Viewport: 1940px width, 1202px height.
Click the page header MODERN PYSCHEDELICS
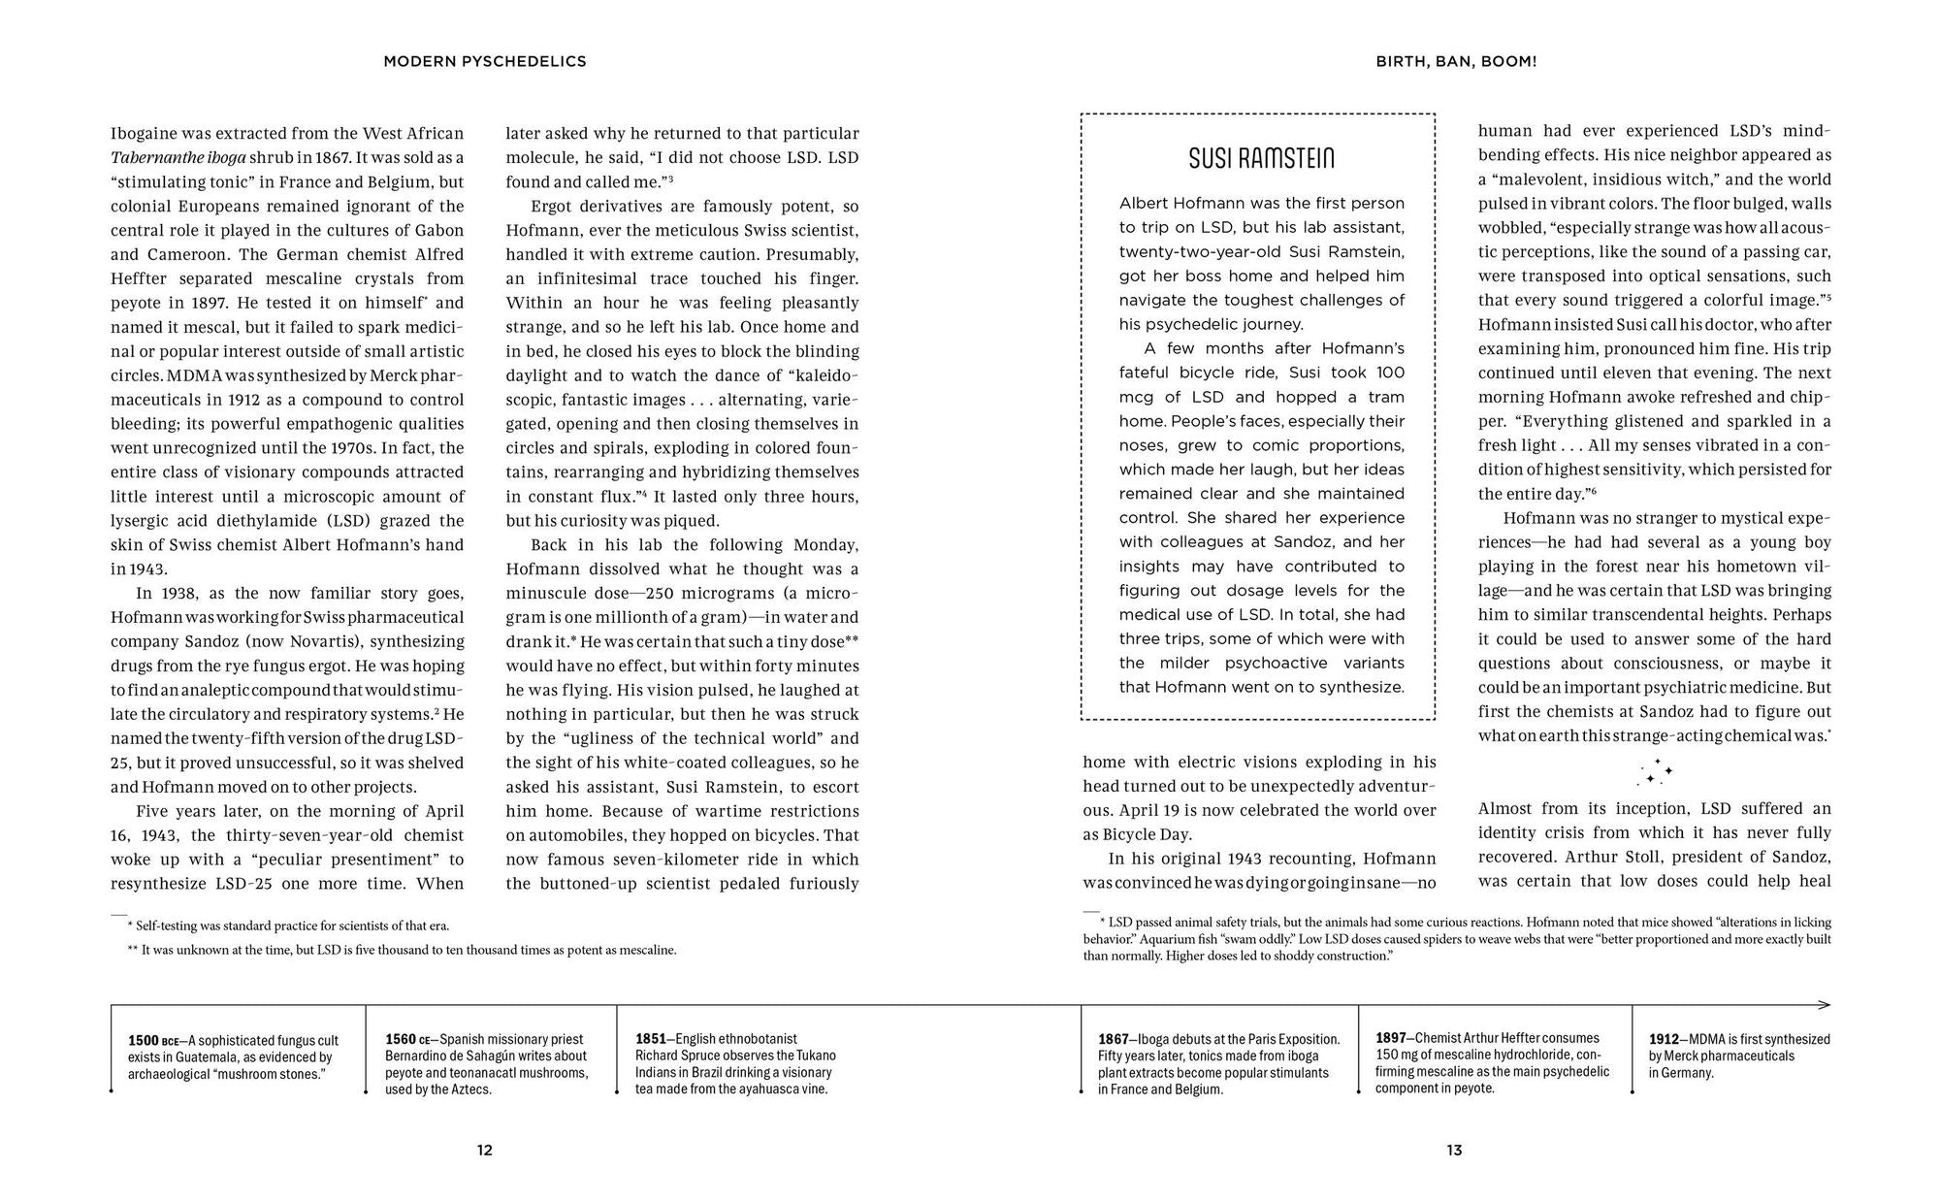point(485,61)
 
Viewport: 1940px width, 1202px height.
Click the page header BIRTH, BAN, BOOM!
point(1456,61)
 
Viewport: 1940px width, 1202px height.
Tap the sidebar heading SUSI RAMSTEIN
point(1261,158)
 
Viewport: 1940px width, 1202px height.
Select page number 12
point(485,1151)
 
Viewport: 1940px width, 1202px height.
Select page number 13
point(1454,1151)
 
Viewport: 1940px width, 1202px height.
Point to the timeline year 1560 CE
point(407,1040)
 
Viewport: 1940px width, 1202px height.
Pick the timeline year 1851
point(651,1039)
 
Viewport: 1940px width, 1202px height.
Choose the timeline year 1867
point(1114,1039)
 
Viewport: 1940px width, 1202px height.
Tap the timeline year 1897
point(1391,1038)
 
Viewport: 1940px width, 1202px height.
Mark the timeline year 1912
point(1665,1039)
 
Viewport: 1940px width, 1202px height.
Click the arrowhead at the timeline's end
point(1825,1005)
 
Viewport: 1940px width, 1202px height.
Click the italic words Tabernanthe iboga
point(178,158)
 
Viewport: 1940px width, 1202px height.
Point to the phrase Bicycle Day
point(1148,834)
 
